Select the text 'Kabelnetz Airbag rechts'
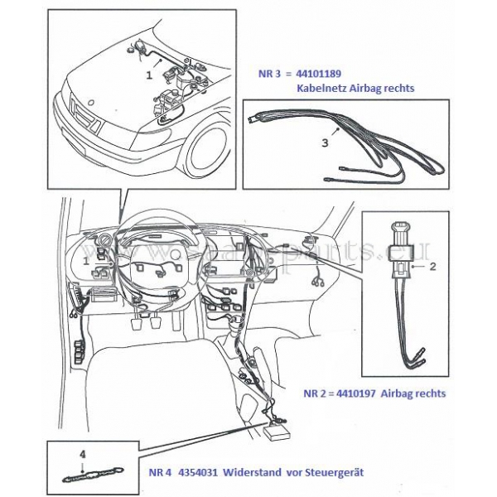tap(354, 87)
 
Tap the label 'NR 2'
tap(317, 393)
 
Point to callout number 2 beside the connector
tap(434, 267)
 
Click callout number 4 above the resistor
tap(82, 454)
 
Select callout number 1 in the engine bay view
tap(148, 74)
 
